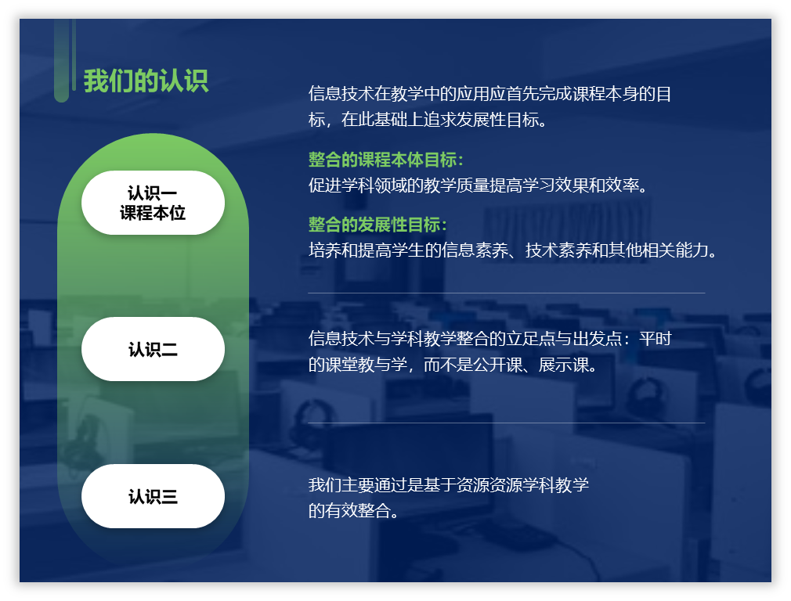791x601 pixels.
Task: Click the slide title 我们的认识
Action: click(x=146, y=81)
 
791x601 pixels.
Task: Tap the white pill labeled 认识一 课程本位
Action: click(x=153, y=203)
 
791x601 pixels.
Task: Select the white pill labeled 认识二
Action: click(x=153, y=349)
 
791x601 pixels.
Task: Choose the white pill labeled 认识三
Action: click(x=153, y=496)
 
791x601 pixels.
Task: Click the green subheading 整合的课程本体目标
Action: click(x=386, y=160)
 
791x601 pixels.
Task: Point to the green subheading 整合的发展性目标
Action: click(x=377, y=225)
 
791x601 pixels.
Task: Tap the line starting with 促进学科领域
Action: click(x=479, y=185)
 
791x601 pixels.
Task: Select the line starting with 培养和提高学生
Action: click(x=512, y=250)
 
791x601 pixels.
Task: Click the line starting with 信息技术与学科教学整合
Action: click(x=489, y=338)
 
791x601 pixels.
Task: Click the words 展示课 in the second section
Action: click(x=563, y=365)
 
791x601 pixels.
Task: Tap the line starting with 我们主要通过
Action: click(x=449, y=485)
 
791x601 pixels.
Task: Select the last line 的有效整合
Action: click(x=354, y=511)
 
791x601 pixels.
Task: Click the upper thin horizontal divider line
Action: click(x=507, y=293)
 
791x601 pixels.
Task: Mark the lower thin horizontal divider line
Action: click(x=507, y=423)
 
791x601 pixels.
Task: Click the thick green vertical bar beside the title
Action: click(x=61, y=60)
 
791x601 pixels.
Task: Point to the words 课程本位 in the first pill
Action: click(x=153, y=213)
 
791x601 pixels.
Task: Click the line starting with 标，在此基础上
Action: click(x=428, y=120)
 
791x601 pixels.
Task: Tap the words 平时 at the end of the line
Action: click(x=656, y=338)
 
